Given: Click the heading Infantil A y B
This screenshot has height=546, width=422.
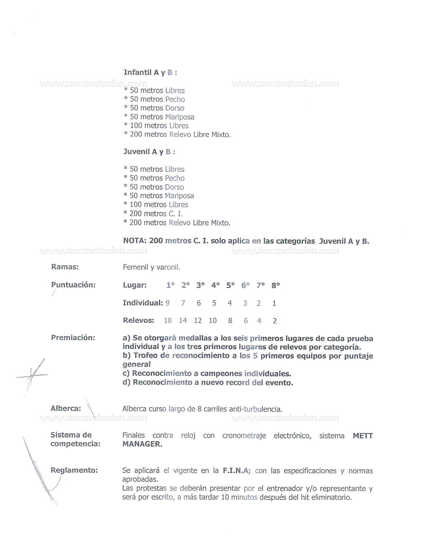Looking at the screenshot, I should [x=150, y=72].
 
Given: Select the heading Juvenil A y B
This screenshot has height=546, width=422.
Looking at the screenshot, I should [x=149, y=152].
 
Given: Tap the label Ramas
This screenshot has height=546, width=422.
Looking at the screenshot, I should [x=65, y=267].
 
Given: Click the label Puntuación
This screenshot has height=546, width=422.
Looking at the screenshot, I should [x=73, y=285].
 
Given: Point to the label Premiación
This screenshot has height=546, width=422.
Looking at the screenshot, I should [x=73, y=338].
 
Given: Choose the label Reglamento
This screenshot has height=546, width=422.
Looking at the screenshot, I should [x=74, y=470].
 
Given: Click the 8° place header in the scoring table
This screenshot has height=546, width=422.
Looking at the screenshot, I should [x=275, y=285].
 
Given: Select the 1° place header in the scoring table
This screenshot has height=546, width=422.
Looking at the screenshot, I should [x=170, y=285].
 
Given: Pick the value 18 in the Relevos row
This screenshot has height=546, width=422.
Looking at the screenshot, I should [x=168, y=321].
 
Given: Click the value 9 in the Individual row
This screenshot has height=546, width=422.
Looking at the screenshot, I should [x=168, y=303].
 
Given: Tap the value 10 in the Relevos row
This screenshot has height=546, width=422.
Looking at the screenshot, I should [x=212, y=321].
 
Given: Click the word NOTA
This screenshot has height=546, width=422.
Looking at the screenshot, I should [x=134, y=241].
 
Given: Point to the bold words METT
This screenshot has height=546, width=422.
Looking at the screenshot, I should [x=363, y=436].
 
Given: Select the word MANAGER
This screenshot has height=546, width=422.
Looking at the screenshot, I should [x=142, y=444].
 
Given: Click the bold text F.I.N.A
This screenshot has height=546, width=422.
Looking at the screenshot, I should [x=236, y=471].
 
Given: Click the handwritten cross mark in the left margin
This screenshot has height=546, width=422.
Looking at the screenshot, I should [x=32, y=375].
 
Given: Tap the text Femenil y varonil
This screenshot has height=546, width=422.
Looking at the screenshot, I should [x=151, y=267].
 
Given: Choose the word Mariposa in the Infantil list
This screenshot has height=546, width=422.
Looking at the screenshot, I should [x=180, y=117].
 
